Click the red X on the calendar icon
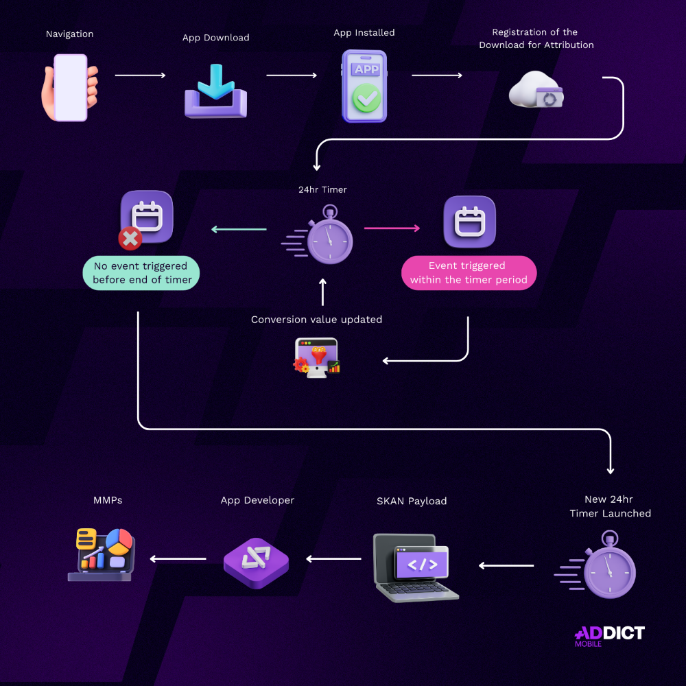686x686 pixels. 130,239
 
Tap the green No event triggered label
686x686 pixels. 142,273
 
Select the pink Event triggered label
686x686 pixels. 468,273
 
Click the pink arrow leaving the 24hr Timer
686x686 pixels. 392,228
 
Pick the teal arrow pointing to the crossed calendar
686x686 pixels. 239,229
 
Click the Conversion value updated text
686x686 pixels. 316,320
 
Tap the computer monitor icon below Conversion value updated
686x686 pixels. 317,357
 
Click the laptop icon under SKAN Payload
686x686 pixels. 414,567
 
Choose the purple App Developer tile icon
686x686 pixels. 256,562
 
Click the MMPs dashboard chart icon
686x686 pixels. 104,554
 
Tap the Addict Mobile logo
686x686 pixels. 609,635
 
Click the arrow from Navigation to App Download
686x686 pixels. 141,75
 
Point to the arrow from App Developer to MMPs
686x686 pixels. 178,559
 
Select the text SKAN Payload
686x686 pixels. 412,501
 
